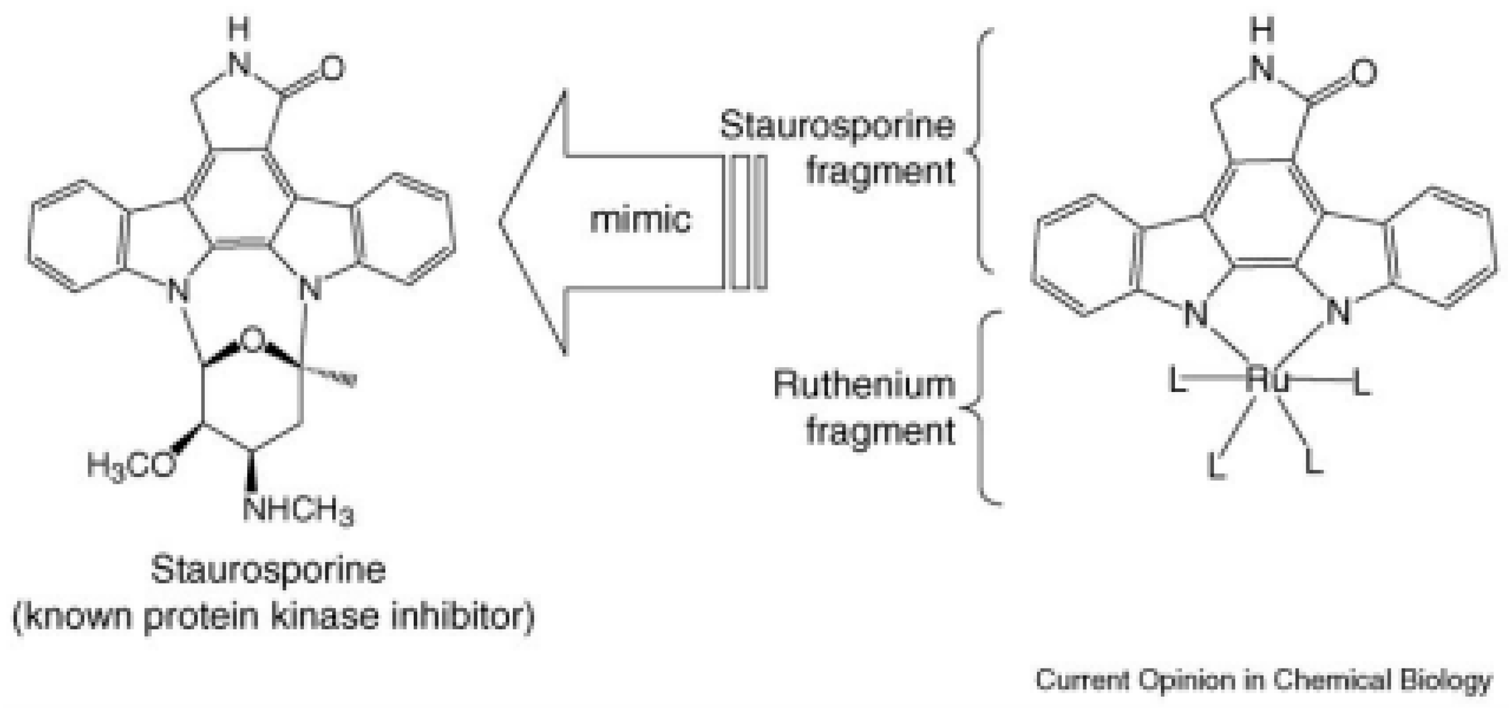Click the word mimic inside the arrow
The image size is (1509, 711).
[640, 220]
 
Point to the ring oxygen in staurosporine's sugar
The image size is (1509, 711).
[252, 339]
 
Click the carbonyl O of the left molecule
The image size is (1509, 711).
[331, 69]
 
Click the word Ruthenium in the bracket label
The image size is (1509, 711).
[864, 385]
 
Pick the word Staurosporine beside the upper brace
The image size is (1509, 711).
[838, 125]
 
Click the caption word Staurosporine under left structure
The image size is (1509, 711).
[268, 570]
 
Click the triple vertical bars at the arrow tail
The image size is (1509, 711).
[747, 223]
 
